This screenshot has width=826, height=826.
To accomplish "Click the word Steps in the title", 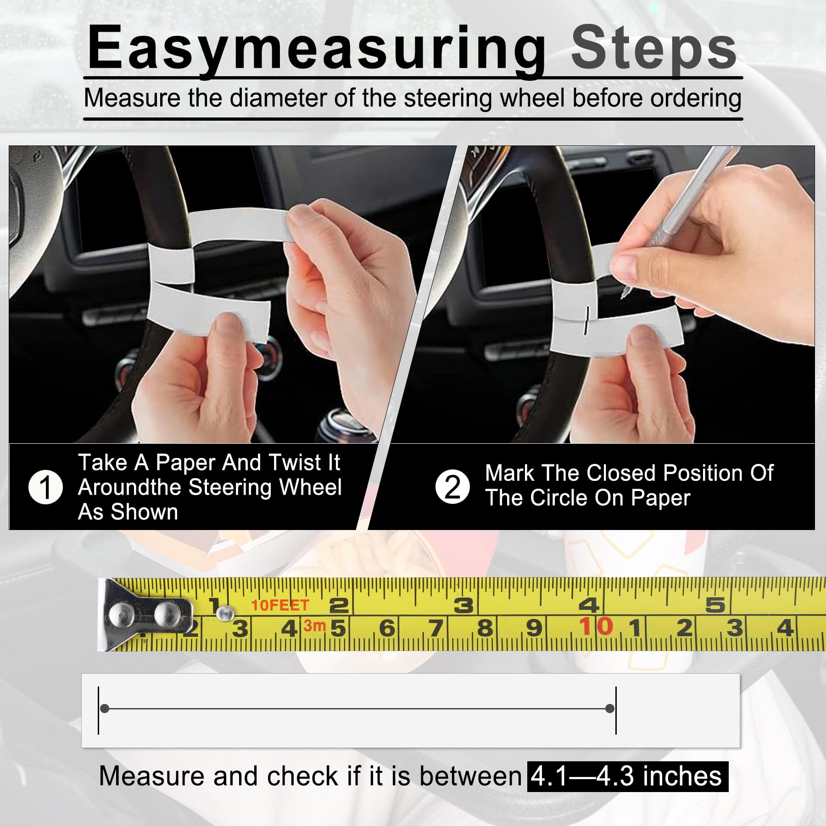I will click(653, 49).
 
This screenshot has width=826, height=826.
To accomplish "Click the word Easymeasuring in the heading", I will click(317, 49).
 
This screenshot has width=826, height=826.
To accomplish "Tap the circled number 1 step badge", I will click(45, 487).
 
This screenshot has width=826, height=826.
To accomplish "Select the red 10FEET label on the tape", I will click(280, 605).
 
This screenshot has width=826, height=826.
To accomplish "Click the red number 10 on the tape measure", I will click(596, 626).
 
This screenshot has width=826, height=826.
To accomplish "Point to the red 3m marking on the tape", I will click(314, 625).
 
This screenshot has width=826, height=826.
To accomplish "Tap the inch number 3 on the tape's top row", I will click(463, 605).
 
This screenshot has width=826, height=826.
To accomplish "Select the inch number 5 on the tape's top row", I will click(715, 605).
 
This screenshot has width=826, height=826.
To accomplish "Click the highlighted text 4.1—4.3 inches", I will click(627, 776).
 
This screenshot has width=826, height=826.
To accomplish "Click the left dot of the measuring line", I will click(105, 709).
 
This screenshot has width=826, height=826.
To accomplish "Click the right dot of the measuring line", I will click(610, 709).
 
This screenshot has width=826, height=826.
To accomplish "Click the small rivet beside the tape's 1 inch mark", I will click(225, 612).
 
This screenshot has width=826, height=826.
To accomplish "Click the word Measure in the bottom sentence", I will click(151, 776).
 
